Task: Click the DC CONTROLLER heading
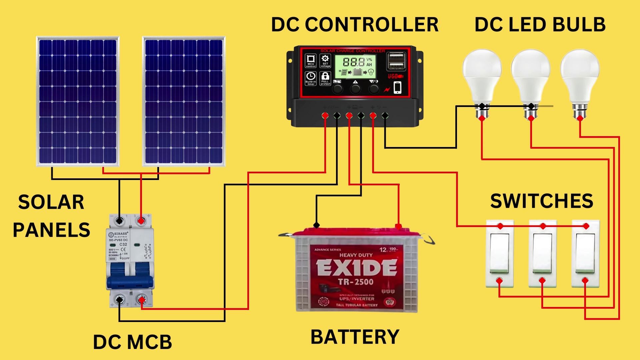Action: click(355, 25)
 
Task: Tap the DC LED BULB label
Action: click(540, 25)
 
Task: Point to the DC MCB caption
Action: click(132, 342)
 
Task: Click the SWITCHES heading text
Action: click(542, 201)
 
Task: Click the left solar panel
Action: click(78, 101)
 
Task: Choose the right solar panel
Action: click(184, 101)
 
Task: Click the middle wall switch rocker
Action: click(542, 253)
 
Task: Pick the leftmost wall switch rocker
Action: click(499, 253)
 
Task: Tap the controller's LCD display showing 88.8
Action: click(355, 65)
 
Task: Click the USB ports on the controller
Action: click(396, 61)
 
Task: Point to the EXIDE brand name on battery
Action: click(356, 268)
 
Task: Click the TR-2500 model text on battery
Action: click(356, 282)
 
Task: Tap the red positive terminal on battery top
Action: click(398, 227)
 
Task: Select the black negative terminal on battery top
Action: click(317, 225)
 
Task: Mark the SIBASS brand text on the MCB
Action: click(120, 234)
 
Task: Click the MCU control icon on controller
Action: click(311, 61)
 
